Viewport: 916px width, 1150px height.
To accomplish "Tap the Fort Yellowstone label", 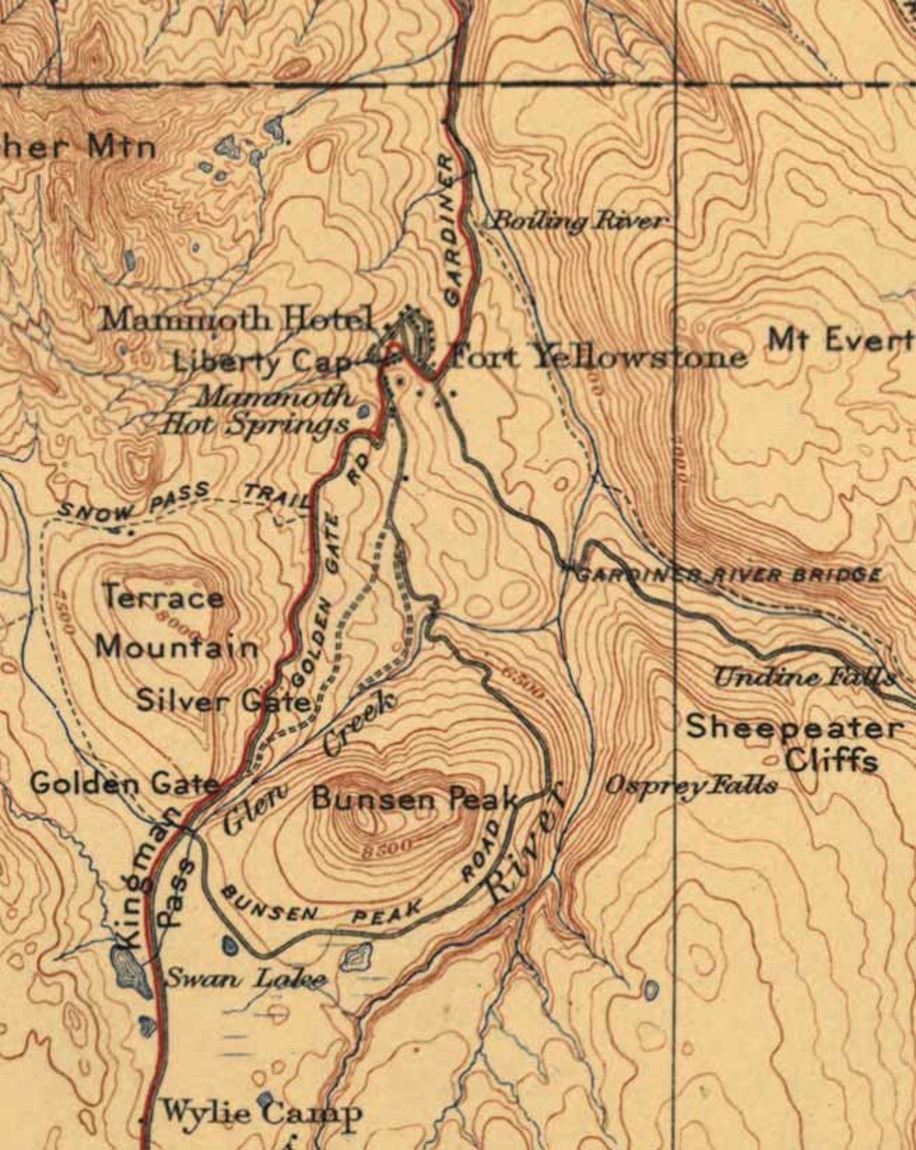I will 598,358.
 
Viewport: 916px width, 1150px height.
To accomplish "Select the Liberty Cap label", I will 262,362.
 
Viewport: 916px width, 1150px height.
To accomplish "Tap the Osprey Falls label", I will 690,786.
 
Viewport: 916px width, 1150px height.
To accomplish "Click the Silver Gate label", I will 224,702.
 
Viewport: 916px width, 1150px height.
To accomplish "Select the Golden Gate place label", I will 124,784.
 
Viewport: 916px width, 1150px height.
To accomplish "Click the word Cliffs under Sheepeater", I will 832,762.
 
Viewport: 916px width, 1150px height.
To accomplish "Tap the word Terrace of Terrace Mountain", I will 163,598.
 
